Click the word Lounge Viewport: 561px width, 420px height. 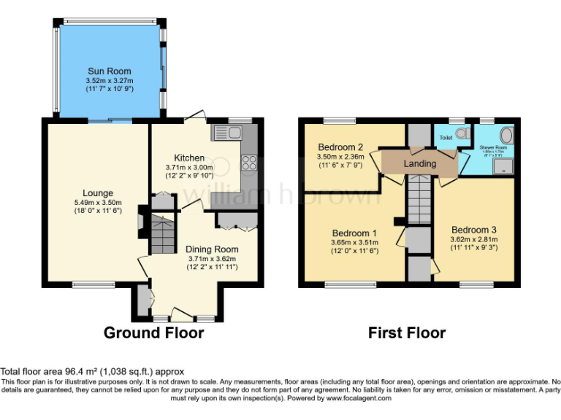97,193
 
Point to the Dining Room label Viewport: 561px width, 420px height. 210,249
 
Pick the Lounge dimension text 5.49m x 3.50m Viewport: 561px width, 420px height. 97,203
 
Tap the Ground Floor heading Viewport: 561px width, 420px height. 153,333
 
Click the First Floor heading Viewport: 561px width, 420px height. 407,333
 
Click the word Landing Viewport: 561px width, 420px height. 420,163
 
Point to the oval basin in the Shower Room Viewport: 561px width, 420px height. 507,136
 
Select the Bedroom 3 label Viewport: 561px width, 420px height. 473,229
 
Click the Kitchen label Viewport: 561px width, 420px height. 189,157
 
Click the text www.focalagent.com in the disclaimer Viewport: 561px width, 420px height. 359,398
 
